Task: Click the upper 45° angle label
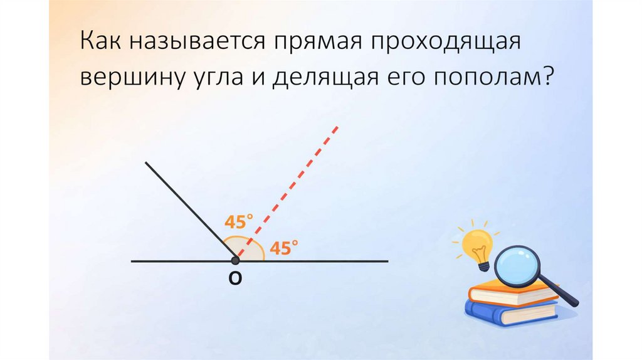click(239, 222)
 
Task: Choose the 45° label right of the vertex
click(283, 248)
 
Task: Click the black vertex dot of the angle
click(235, 260)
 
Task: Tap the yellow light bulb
click(477, 245)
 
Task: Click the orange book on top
click(508, 294)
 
